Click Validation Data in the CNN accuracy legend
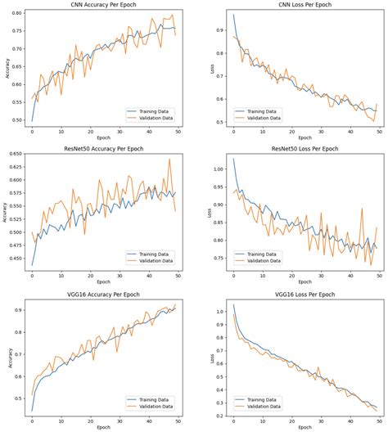pos(156,117)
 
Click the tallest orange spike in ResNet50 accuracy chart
pos(169,160)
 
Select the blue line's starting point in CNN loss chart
pos(233,15)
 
